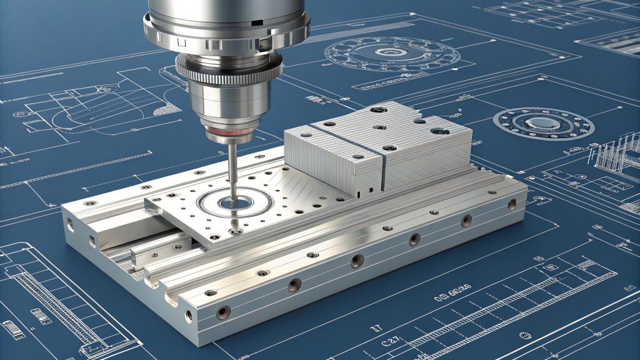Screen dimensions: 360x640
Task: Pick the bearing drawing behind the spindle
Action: point(392,54)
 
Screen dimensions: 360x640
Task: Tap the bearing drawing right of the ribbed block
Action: point(542,123)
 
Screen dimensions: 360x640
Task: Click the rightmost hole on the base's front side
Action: point(512,204)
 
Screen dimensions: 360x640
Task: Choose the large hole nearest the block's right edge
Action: point(437,131)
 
